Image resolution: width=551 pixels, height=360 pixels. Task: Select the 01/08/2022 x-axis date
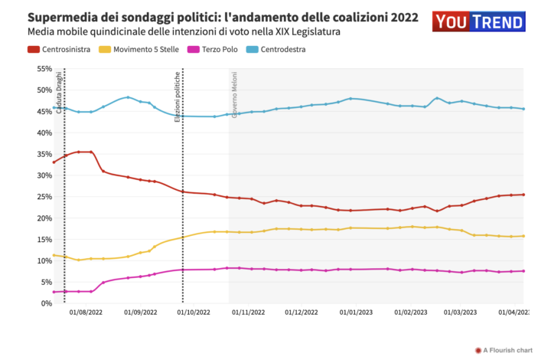(x=86, y=313)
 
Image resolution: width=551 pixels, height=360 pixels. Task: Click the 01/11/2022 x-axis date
(x=248, y=313)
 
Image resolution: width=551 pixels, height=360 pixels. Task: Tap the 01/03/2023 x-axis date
(x=460, y=313)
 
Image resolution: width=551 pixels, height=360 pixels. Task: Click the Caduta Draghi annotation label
(x=59, y=92)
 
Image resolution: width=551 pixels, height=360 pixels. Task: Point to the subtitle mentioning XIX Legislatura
(x=184, y=32)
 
